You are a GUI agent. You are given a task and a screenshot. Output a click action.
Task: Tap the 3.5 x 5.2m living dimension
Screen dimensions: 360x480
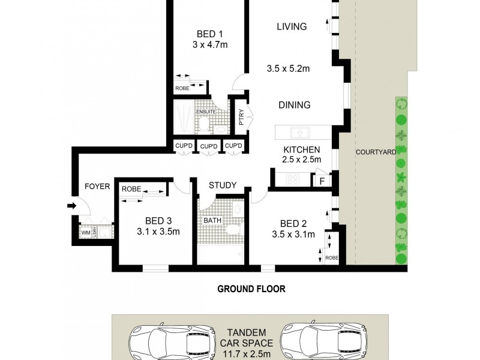point(288,68)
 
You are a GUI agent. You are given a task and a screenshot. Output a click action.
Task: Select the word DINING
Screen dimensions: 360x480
point(295,105)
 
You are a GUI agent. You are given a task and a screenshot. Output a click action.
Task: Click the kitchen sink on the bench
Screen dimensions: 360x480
point(298,133)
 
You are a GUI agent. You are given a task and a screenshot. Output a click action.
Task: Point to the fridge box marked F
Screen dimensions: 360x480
point(322,180)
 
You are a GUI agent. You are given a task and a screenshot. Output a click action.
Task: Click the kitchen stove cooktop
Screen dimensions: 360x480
point(293,179)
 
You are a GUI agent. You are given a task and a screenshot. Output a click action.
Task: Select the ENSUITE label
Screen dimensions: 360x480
point(205,112)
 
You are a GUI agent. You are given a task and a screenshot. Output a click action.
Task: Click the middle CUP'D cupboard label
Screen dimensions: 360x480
point(208,146)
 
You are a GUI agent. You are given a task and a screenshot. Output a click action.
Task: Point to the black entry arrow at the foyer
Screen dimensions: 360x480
point(71,206)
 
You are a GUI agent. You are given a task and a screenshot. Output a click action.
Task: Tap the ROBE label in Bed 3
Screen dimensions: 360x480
point(131,189)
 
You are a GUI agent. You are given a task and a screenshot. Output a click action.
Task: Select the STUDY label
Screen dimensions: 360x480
point(223,185)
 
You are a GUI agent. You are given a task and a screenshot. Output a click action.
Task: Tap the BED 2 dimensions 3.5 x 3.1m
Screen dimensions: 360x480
point(293,235)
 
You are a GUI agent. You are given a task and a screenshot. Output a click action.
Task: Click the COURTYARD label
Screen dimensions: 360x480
point(376,152)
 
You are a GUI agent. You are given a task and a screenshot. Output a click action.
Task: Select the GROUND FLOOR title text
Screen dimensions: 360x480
point(251,289)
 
